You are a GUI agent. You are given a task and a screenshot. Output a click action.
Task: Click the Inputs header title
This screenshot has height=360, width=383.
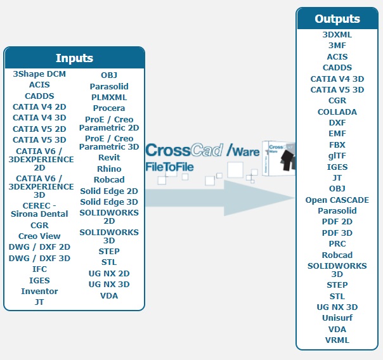(74, 58)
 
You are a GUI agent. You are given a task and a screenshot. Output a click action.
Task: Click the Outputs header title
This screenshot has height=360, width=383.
(337, 19)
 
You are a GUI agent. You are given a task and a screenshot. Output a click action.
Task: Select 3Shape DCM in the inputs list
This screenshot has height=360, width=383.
(39, 74)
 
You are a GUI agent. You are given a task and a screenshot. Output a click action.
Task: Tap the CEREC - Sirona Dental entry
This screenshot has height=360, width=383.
(39, 210)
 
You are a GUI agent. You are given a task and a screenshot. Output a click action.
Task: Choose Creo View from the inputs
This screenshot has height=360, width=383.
(39, 236)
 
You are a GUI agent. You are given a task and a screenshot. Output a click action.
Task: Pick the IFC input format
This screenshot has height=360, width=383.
(39, 269)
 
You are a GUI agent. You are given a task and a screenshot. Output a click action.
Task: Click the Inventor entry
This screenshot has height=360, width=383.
(39, 292)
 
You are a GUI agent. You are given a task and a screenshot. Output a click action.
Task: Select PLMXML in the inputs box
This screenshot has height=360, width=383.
(109, 98)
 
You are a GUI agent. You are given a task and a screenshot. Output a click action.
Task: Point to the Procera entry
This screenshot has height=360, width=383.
(109, 108)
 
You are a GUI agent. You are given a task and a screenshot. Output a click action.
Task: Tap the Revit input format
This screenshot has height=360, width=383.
(109, 158)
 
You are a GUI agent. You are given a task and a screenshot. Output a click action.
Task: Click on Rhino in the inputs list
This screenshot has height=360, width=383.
(109, 169)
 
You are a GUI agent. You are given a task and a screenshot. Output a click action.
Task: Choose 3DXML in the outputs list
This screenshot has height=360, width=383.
(337, 35)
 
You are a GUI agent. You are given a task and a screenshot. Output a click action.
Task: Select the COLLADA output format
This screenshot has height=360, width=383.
(337, 112)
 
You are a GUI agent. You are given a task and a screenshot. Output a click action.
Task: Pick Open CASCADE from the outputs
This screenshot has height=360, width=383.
(337, 200)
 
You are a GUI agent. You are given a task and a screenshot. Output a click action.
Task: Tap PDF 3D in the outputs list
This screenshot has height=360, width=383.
(337, 233)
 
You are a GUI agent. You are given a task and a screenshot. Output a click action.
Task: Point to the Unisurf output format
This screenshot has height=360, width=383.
(337, 318)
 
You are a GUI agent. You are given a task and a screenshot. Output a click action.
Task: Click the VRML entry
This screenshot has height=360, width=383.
(337, 340)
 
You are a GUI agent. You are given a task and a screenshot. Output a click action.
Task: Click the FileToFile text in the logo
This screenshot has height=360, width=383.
(169, 167)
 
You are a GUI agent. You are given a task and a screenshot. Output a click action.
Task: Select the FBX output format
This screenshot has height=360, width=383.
(337, 145)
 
